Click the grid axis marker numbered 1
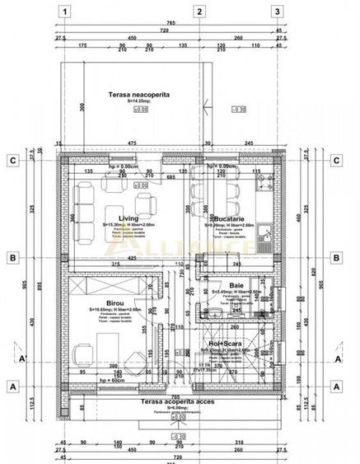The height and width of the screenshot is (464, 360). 66,12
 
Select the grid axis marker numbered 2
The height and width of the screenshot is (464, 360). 199,12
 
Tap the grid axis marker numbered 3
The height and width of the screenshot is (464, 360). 278,12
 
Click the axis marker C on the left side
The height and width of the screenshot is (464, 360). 12,161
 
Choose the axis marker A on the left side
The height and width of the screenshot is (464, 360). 12,385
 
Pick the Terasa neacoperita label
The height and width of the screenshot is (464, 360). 138,96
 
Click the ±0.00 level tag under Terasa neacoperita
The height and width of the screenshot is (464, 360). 141,108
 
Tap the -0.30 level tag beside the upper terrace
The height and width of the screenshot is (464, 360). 239,108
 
